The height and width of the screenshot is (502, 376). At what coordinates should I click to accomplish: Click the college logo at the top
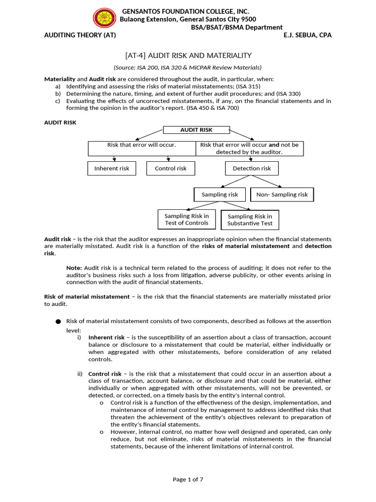click(104, 19)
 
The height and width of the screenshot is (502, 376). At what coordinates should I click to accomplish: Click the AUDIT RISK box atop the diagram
click(196, 130)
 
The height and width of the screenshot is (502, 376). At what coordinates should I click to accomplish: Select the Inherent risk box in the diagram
click(112, 168)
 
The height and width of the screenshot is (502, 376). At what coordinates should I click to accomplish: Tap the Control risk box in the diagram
click(170, 168)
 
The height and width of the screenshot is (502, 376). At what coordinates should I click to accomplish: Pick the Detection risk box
click(252, 168)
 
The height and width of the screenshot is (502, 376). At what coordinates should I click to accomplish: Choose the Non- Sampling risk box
click(282, 195)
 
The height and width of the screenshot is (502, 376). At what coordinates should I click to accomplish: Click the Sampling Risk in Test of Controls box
click(187, 219)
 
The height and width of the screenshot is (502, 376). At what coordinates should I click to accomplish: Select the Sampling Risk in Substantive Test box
click(250, 220)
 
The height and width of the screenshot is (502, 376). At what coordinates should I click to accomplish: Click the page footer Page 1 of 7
click(188, 479)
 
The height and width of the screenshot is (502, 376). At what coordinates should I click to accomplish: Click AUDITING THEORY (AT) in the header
click(80, 35)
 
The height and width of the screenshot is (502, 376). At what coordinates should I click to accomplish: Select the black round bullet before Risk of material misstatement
click(58, 322)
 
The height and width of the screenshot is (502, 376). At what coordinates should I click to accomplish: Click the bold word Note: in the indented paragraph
click(74, 268)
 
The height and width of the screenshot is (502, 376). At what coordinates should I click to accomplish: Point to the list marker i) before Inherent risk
click(79, 338)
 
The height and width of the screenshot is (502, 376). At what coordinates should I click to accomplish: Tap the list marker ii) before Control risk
click(80, 374)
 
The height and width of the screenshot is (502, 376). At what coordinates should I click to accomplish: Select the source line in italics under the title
click(188, 68)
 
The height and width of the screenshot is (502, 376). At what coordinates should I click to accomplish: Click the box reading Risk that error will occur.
click(141, 145)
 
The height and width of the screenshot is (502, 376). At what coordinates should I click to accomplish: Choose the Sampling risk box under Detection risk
click(220, 195)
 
